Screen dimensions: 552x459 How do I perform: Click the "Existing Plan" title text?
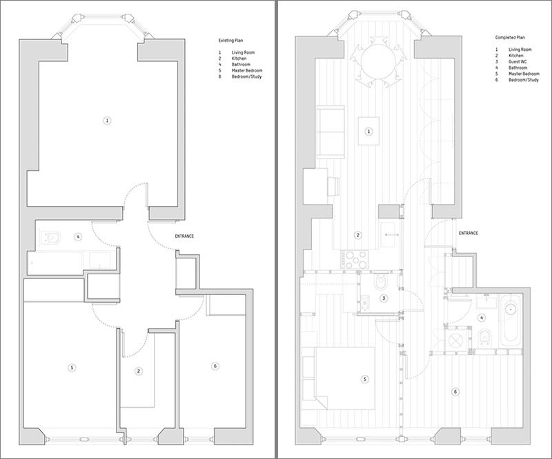[x=230, y=41]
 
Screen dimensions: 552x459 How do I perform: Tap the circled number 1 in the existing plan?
[x=108, y=121]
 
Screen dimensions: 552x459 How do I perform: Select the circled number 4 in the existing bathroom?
[x=78, y=237]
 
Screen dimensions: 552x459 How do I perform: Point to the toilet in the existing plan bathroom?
[x=50, y=237]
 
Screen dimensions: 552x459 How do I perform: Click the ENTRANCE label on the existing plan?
[x=184, y=236]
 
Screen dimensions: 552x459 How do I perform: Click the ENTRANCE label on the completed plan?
[x=469, y=233]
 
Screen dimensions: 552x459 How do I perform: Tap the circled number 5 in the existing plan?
[x=72, y=368]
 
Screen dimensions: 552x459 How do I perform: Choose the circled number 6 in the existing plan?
[x=215, y=366]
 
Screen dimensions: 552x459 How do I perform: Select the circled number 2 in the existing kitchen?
[x=139, y=371]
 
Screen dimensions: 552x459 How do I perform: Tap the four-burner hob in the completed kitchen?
[x=354, y=260]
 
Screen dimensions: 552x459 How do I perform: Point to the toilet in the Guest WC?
[x=380, y=281]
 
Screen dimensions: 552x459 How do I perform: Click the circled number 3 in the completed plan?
[x=384, y=298]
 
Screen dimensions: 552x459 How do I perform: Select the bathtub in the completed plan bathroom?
[x=511, y=320]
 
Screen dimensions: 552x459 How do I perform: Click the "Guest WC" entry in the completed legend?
[x=517, y=62]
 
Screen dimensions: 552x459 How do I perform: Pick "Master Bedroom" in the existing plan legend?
[x=247, y=71]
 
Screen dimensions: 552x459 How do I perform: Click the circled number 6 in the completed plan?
[x=455, y=392]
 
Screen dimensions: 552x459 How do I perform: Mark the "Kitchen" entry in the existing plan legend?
[x=239, y=59]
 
